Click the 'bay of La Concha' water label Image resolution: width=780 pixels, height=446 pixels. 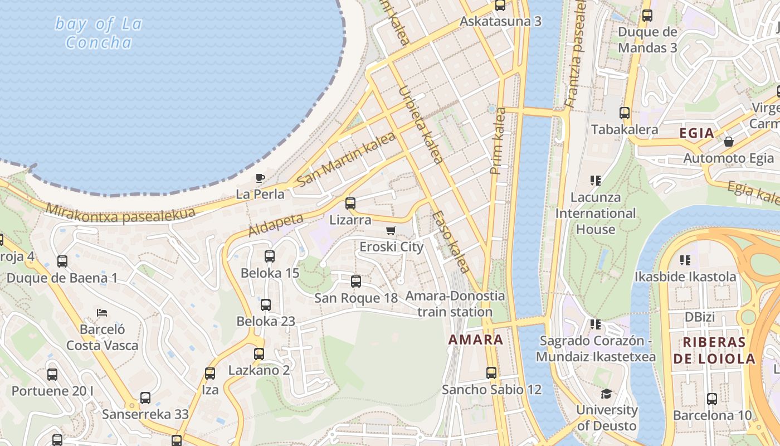[99, 33]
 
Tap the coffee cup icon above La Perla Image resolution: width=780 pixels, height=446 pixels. [260, 178]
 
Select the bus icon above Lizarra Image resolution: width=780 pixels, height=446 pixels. [350, 203]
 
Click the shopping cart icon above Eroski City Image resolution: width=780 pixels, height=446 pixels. [391, 230]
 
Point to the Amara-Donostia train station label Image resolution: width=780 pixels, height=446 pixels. [455, 304]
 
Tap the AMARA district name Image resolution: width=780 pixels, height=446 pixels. [475, 340]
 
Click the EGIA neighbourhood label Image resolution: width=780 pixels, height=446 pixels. [696, 133]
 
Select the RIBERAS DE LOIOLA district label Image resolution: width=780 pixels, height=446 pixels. [714, 351]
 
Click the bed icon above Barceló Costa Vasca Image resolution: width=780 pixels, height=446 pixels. [102, 312]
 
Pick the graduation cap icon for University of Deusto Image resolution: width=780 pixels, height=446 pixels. [606, 394]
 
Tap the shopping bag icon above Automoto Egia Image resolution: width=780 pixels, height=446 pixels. [728, 142]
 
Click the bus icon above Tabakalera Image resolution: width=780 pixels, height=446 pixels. [625, 113]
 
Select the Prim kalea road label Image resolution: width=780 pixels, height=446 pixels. [498, 140]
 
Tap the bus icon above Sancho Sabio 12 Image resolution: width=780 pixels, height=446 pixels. [491, 373]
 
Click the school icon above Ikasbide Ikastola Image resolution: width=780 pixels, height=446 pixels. [685, 260]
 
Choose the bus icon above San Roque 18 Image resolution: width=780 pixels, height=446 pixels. [356, 282]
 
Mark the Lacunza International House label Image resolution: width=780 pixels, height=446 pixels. [596, 213]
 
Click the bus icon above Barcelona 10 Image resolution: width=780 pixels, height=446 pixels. [712, 399]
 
